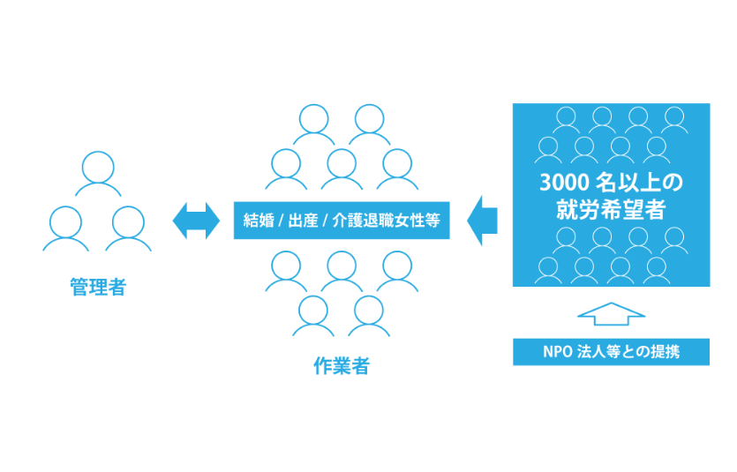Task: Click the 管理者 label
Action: click(x=97, y=288)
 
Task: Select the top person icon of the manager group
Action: click(x=97, y=175)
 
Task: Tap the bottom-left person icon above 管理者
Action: click(x=66, y=229)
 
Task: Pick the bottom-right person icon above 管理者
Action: click(x=128, y=229)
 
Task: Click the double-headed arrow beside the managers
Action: click(x=195, y=221)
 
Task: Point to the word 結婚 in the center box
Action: click(x=258, y=221)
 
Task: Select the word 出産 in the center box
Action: click(x=301, y=221)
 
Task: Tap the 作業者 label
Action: click(x=342, y=367)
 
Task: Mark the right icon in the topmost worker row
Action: click(x=369, y=125)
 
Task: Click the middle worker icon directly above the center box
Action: click(x=342, y=169)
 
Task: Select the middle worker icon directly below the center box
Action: click(x=342, y=272)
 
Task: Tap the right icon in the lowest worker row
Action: click(x=369, y=316)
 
